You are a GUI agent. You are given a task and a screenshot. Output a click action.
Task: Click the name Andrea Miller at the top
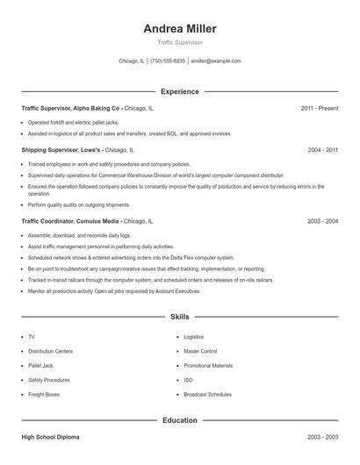tap(179, 28)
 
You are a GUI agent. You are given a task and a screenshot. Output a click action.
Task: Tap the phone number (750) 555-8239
tap(167, 61)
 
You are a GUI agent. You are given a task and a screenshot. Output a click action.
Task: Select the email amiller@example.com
tap(216, 61)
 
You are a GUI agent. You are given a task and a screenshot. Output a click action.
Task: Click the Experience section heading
tap(179, 91)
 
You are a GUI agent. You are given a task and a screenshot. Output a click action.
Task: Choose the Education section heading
tap(179, 420)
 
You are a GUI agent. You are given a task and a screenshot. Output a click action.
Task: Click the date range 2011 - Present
tap(319, 108)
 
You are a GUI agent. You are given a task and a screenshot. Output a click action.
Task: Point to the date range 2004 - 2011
tap(322, 150)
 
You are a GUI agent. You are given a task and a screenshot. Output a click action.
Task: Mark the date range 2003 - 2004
tap(322, 222)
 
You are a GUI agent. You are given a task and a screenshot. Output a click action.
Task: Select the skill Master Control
tap(200, 351)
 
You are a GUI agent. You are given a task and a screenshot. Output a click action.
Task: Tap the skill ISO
tap(188, 380)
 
